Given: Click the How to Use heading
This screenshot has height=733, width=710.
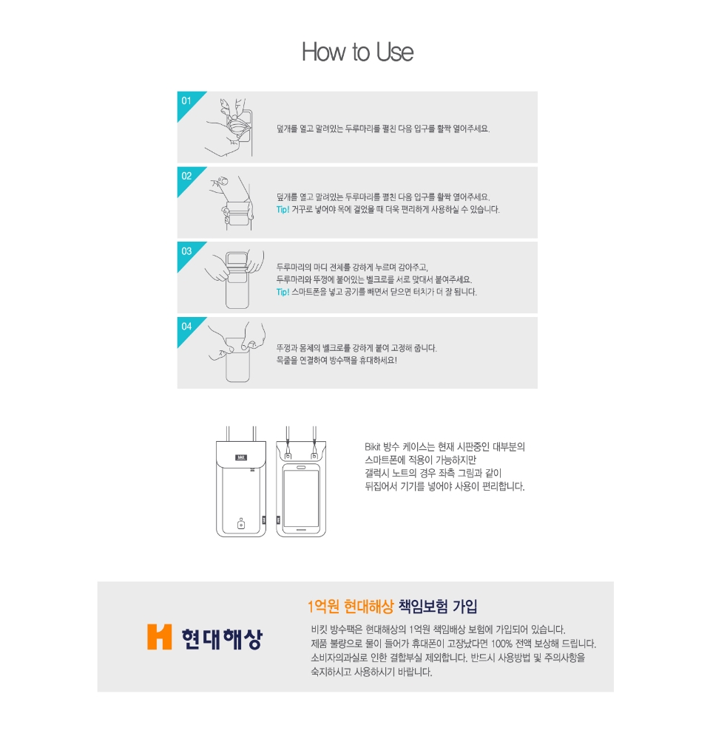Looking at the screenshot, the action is point(357,52).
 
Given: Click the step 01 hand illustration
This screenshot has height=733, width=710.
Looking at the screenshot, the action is point(229,127).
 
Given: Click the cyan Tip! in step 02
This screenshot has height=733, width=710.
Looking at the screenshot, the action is point(283,209).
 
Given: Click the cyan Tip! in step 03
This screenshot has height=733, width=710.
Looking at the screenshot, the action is point(283,292).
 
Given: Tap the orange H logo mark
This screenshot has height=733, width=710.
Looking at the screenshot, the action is point(160,637).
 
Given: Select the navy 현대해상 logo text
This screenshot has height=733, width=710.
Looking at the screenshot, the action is point(223,638).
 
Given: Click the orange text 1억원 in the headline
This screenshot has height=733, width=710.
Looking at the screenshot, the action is point(323,607).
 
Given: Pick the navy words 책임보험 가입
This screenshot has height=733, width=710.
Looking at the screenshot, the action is point(438,607).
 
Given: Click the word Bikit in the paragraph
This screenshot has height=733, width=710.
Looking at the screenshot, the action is point(373,447).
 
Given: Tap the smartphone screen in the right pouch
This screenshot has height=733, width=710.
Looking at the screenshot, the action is point(301,498).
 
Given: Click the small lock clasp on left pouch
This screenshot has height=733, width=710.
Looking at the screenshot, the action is point(241,523).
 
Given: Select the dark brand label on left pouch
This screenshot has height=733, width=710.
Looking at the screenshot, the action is point(241,457).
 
